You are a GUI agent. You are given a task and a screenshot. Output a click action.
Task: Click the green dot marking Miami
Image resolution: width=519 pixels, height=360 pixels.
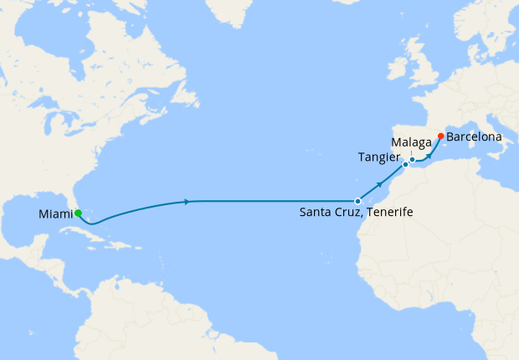point(78,213)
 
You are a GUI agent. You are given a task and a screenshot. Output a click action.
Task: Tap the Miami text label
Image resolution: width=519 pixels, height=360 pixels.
point(55,215)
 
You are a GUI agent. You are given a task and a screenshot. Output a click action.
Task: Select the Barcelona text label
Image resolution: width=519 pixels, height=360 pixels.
point(474,136)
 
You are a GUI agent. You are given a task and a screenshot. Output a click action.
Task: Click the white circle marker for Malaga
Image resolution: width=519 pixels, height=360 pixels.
point(412,159)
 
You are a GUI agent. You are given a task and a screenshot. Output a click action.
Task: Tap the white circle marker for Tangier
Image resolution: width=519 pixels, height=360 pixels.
point(405,165)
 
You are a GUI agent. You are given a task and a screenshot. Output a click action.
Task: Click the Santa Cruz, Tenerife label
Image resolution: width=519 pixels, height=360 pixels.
point(356,213)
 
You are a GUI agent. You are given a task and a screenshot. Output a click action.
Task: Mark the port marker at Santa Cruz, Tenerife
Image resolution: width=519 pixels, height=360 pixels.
point(357,201)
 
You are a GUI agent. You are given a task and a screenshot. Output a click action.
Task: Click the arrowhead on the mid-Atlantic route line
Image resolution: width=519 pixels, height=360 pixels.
point(186,201)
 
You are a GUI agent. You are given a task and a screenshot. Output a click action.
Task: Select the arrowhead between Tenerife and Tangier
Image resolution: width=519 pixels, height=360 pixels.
point(380,183)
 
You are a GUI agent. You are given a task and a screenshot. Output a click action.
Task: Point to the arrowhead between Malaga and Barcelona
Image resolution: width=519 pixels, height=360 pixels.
point(429,155)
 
